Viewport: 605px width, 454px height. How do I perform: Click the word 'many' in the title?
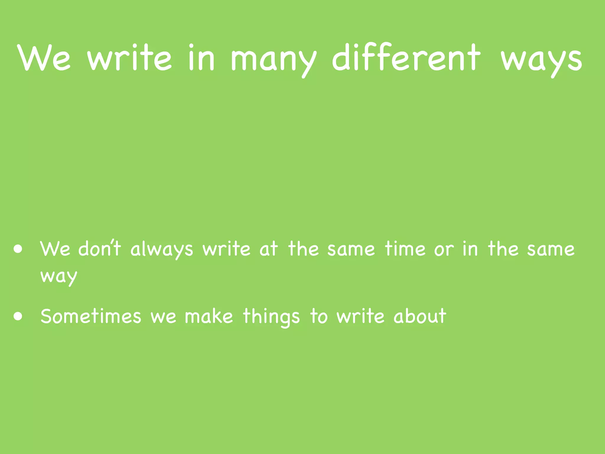click(x=273, y=59)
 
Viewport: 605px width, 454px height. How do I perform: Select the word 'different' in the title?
click(x=406, y=58)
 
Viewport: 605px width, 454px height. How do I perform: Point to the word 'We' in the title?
click(x=44, y=58)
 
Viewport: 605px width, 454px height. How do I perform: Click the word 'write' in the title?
click(x=129, y=58)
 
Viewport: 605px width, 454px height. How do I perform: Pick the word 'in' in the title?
click(x=201, y=58)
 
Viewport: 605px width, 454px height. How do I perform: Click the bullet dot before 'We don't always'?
click(x=18, y=249)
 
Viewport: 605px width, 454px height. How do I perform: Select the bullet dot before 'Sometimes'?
click(x=18, y=316)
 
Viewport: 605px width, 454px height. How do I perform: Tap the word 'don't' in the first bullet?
click(x=100, y=248)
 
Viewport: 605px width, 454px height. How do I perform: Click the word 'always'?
click(x=162, y=249)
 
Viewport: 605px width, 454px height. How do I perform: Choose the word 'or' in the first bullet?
click(x=444, y=250)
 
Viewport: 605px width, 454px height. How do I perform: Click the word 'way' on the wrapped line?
click(x=59, y=277)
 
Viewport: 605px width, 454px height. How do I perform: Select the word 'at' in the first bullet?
click(x=269, y=249)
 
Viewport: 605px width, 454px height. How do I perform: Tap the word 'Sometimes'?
click(x=91, y=316)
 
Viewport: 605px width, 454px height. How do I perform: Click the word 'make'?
click(x=209, y=316)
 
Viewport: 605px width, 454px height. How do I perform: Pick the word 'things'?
click(x=271, y=317)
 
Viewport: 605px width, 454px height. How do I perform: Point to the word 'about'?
click(x=420, y=316)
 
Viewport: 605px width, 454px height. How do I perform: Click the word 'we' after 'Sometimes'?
click(x=163, y=317)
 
